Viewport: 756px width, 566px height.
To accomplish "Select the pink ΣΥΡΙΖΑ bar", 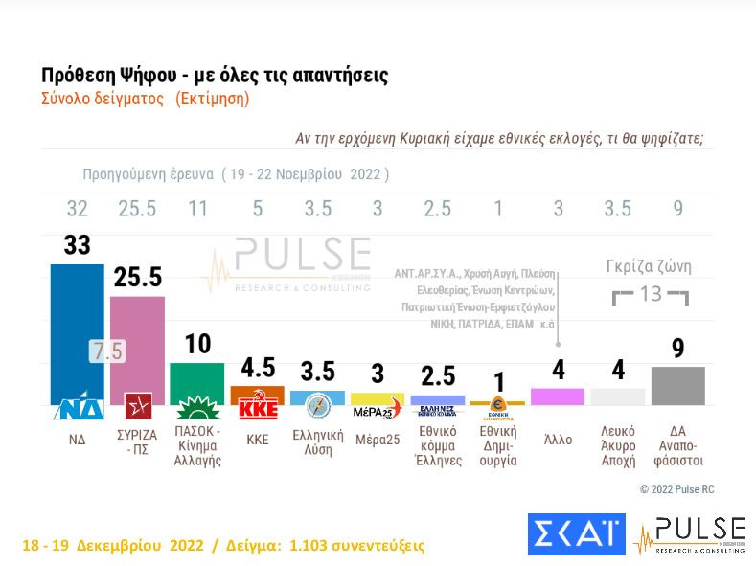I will click(137, 345).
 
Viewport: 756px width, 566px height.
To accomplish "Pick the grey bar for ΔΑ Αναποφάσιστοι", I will click(677, 385).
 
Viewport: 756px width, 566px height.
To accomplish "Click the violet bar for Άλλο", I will click(558, 396).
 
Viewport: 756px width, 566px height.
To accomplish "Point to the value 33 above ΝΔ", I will click(77, 245).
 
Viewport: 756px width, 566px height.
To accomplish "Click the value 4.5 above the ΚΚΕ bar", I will click(258, 369).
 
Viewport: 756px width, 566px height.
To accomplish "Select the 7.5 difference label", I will click(107, 351).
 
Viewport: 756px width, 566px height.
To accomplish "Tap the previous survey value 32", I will click(77, 209).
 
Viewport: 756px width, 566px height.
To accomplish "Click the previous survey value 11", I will click(197, 209).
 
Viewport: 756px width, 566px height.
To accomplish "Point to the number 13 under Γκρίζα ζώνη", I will click(651, 294).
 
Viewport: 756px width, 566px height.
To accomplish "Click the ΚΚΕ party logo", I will click(258, 407).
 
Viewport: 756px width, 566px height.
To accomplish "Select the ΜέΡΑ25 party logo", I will click(378, 410).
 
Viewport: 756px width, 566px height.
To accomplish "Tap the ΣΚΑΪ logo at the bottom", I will click(576, 534).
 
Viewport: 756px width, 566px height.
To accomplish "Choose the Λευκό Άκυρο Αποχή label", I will click(618, 445).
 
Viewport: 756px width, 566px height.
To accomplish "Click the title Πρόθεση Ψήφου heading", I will click(215, 76).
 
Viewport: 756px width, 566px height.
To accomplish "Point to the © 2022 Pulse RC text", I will click(676, 489).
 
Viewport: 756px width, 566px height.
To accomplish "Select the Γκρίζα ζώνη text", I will click(649, 267).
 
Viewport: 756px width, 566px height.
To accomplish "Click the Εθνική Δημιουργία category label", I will click(497, 445).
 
